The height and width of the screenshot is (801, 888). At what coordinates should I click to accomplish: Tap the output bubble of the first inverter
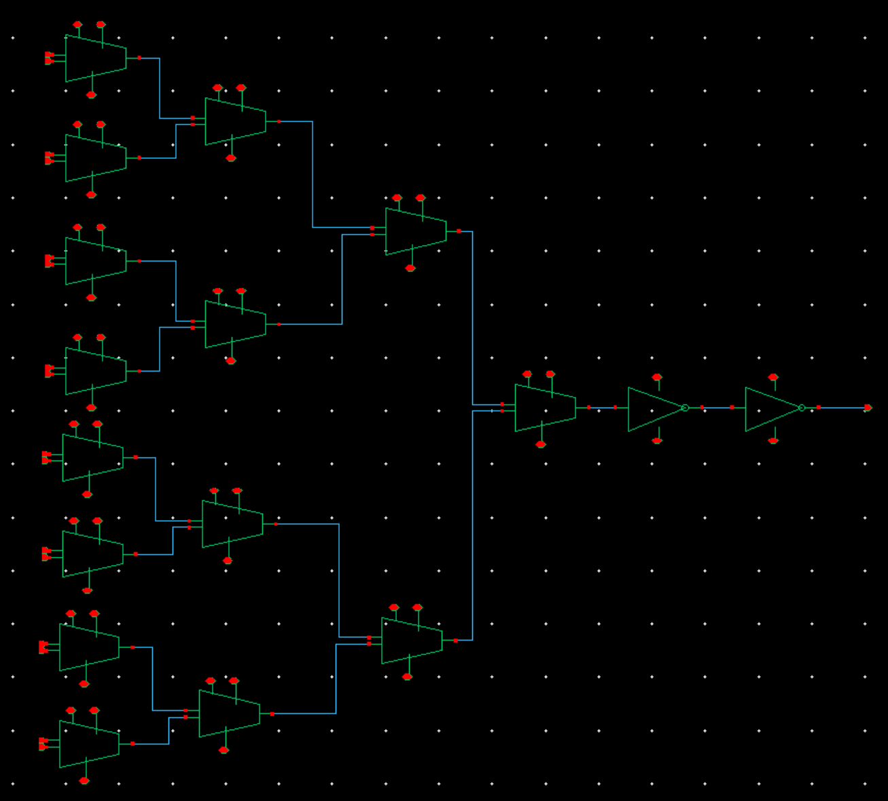(x=685, y=408)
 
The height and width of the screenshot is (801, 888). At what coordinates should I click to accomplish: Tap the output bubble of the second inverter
(x=802, y=408)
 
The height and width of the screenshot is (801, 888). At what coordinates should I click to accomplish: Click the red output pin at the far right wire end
(x=868, y=408)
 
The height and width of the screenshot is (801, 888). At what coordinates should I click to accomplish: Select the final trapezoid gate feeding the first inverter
(x=544, y=408)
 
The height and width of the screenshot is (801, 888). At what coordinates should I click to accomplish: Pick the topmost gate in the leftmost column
(x=95, y=58)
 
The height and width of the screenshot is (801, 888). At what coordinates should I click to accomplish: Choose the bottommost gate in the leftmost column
(x=89, y=744)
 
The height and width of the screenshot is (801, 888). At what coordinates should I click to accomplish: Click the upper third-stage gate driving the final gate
(x=415, y=232)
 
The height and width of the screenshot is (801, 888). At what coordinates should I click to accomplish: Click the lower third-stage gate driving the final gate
(x=411, y=641)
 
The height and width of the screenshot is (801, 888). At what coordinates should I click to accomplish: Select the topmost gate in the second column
(x=235, y=122)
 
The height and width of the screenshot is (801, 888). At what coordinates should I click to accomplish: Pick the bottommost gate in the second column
(x=229, y=714)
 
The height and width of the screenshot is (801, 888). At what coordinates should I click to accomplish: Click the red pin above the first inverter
(x=657, y=377)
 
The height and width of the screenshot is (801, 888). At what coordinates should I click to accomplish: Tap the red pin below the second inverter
(x=773, y=441)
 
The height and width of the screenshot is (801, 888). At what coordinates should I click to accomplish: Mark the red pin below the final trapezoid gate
(x=541, y=444)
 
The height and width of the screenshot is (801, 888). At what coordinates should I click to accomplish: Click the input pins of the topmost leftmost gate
(x=49, y=58)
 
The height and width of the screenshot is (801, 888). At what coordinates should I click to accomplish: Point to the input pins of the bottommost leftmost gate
(x=43, y=744)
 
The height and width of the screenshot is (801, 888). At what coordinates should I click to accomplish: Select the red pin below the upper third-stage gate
(x=410, y=268)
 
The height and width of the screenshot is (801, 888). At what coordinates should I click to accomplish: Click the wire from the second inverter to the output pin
(x=842, y=408)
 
